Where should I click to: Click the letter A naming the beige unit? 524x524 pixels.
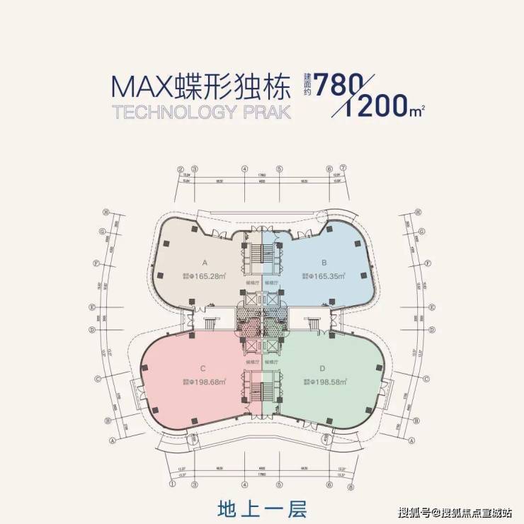203,260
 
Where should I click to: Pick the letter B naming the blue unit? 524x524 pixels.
323,260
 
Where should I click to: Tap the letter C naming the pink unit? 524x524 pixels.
203,368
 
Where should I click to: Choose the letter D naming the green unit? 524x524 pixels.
322,368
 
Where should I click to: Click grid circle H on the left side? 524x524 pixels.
104,211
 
